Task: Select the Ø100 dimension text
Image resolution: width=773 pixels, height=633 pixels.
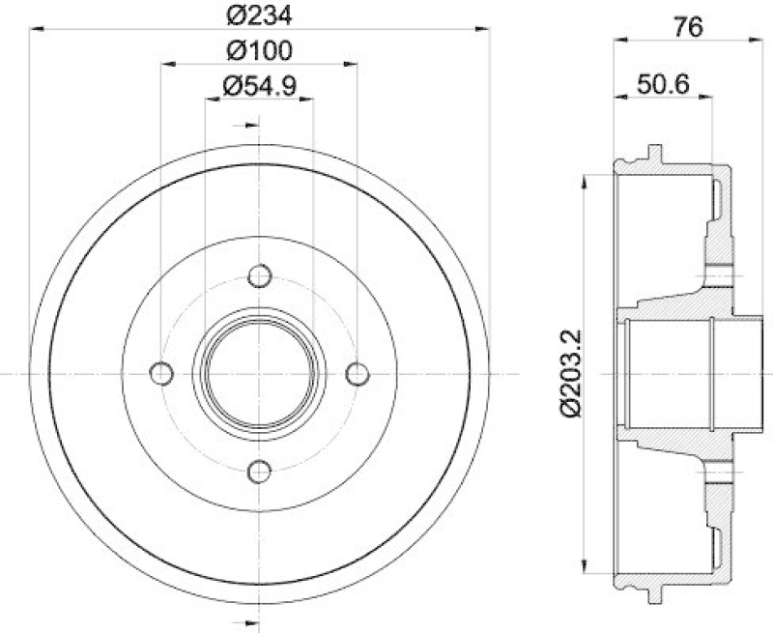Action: (259, 50)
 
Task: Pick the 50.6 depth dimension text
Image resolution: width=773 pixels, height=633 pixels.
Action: (662, 84)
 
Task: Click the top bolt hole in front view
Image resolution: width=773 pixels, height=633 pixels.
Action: (259, 275)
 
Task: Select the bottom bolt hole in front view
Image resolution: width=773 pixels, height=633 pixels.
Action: (259, 471)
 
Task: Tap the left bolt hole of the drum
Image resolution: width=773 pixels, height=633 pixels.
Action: (161, 373)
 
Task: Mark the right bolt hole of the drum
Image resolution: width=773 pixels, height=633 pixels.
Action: (358, 373)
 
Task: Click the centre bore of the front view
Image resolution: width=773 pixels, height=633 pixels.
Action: (259, 373)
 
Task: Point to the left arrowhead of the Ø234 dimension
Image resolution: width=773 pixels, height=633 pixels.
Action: (35, 31)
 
